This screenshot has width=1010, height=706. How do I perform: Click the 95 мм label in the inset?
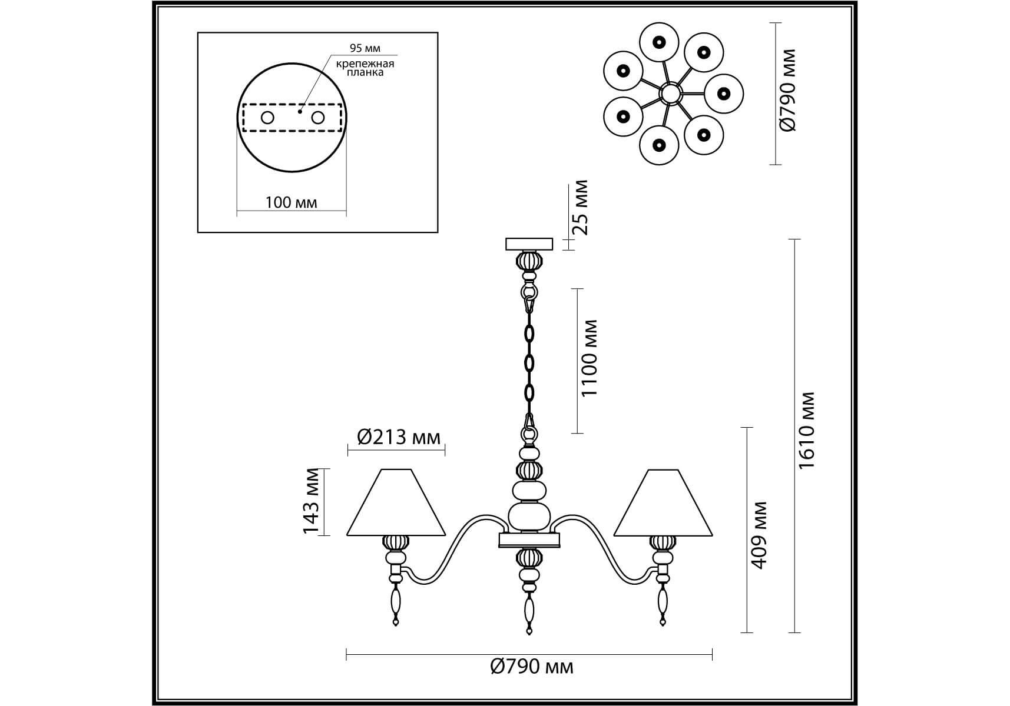click(x=365, y=48)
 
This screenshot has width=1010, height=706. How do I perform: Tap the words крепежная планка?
click(x=365, y=68)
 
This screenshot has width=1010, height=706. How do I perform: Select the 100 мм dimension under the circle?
click(x=291, y=203)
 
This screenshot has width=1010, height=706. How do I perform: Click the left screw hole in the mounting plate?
click(x=267, y=118)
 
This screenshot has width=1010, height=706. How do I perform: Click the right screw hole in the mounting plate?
click(x=318, y=118)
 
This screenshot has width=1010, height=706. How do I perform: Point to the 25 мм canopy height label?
click(x=581, y=207)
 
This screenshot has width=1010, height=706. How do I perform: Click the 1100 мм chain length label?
click(x=589, y=358)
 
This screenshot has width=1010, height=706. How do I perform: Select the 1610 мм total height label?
click(x=806, y=430)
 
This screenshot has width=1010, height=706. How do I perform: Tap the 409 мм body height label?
click(x=760, y=535)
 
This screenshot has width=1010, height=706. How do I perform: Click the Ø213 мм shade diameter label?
click(x=399, y=437)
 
